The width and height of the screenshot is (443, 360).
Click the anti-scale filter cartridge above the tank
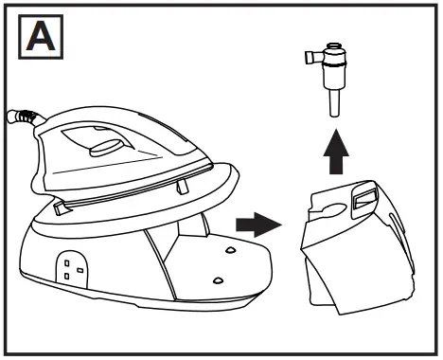tap(330, 75)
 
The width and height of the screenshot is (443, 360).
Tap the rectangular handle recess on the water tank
tap(363, 200)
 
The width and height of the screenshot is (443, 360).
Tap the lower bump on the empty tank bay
tap(219, 280)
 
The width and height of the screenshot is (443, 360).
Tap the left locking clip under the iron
tap(62, 207)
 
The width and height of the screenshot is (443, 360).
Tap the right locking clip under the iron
tap(180, 188)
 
